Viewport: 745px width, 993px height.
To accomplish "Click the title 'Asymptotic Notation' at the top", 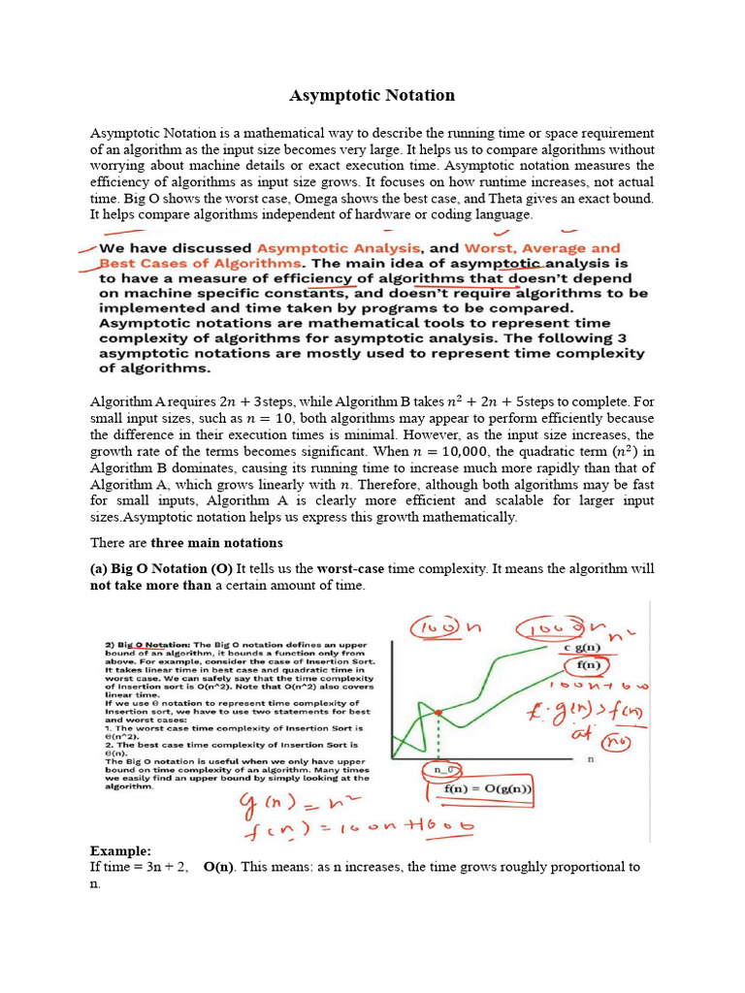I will tap(372, 95).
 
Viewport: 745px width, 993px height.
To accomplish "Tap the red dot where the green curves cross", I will tap(439, 713).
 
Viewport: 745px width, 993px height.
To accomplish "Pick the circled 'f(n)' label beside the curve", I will tap(588, 666).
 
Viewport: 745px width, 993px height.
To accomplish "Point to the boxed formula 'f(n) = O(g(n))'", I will tap(489, 788).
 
